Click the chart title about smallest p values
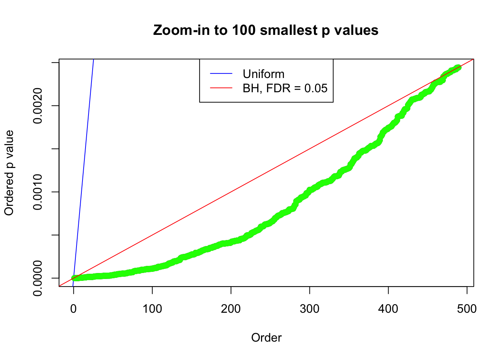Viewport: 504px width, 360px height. (x=265, y=30)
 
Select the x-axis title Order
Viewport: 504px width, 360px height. (x=266, y=337)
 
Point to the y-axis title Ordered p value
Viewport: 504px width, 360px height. (x=9, y=173)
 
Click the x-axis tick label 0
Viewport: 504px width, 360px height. (x=73, y=309)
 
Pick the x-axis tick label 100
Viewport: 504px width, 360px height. (x=152, y=309)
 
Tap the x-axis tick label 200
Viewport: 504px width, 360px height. (x=231, y=309)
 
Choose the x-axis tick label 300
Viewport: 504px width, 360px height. (x=310, y=309)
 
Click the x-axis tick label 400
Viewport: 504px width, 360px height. (x=388, y=309)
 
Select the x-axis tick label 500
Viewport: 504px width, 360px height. (x=467, y=309)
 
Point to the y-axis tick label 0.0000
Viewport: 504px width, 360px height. (x=37, y=278)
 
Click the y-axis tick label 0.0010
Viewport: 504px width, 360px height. (x=37, y=192)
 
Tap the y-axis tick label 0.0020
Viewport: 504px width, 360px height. (x=37, y=106)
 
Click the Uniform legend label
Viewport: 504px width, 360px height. (x=264, y=74)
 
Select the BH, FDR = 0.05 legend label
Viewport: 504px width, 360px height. (x=285, y=88)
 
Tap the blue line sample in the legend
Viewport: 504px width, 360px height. (x=221, y=74)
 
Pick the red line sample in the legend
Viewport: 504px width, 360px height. (x=221, y=88)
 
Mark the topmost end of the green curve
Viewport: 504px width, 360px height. (x=458, y=67)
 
